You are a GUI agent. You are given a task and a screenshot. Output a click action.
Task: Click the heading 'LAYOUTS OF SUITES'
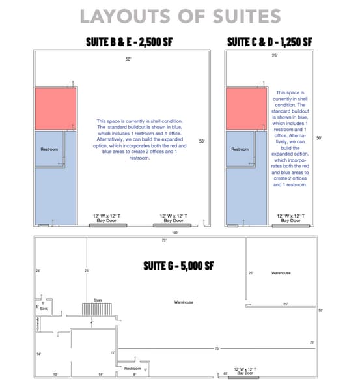(180, 16)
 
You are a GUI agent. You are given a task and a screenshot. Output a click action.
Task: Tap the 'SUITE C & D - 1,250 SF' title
(269, 42)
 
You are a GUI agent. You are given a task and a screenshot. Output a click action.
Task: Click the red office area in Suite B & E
(55, 107)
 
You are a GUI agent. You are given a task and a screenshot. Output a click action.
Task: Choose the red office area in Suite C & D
(246, 107)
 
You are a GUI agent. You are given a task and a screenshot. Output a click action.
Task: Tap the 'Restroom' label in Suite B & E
(49, 149)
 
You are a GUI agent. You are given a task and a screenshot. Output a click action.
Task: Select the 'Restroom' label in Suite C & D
(240, 149)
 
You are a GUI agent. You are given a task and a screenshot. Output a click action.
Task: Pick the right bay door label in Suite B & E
(173, 218)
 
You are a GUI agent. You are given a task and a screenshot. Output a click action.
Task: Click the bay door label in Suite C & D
(290, 218)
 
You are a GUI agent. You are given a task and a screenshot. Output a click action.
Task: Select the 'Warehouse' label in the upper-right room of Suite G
(281, 273)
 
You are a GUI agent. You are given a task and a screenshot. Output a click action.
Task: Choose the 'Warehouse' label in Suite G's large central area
(184, 302)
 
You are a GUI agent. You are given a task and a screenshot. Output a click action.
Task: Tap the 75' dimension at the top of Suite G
(164, 240)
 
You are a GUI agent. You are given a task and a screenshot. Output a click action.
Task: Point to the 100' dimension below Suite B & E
(174, 232)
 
